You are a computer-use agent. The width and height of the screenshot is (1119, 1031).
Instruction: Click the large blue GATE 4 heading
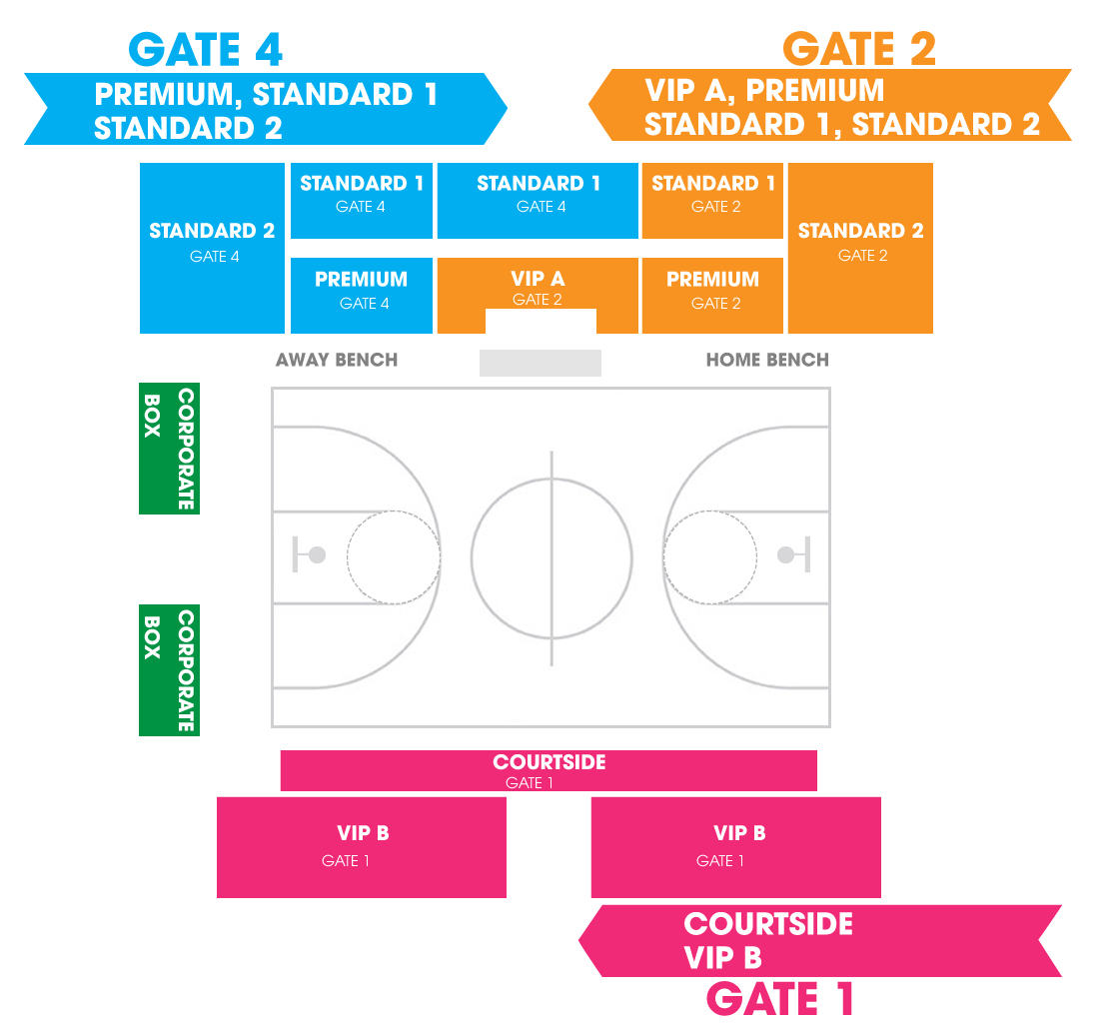point(206,50)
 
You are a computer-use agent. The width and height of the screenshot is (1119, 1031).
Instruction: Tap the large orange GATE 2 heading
point(859,49)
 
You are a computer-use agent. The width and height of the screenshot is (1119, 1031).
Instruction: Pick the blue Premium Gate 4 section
point(362,296)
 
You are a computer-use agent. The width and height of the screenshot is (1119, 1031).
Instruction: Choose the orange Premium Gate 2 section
point(713,296)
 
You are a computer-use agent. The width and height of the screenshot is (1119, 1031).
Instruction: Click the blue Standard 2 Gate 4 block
point(212,249)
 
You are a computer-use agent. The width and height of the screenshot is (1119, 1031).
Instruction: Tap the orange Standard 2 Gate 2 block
point(860,249)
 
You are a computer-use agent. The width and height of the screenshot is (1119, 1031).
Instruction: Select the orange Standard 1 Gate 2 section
point(713,201)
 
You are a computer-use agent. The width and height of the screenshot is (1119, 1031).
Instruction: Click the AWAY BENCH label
point(337,360)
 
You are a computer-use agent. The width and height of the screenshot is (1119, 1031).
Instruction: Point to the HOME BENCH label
point(768,360)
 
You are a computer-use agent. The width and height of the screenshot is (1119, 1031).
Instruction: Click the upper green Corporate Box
point(169,449)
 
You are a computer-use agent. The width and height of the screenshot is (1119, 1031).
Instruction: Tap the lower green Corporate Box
point(169,670)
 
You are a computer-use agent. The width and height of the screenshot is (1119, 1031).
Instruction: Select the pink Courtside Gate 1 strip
point(549,770)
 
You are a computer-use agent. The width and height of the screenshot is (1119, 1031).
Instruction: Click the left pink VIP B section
point(362,847)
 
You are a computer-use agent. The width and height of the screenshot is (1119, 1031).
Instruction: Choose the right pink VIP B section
point(736,847)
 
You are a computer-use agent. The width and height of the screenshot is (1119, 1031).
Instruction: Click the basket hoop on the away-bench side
point(317,555)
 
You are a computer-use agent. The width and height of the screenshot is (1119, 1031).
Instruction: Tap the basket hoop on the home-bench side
point(785,555)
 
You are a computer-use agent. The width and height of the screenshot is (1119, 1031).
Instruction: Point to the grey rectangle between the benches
point(541,363)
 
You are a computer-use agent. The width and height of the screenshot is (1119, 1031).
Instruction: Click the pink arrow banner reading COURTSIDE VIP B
point(820,941)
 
